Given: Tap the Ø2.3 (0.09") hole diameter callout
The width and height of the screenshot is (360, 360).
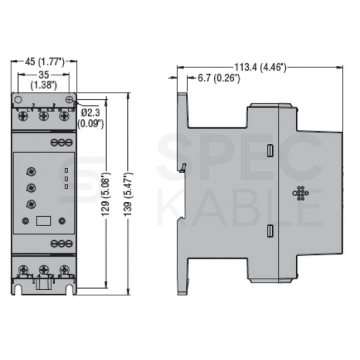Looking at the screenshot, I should coord(92,117).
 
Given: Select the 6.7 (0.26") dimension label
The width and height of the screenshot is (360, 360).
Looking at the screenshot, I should coord(219,79).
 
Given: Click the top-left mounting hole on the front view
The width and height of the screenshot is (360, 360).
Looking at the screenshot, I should coord(19,99).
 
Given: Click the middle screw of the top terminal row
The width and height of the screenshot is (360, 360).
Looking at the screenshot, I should coord(44,116).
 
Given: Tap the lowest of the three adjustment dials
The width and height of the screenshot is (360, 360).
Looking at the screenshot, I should coord(31,205).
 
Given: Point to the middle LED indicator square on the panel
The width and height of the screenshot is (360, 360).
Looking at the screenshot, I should coord(66,179).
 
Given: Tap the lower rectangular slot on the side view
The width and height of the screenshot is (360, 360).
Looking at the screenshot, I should coord(269,232).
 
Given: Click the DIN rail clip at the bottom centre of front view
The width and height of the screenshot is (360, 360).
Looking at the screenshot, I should coord(44,285).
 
